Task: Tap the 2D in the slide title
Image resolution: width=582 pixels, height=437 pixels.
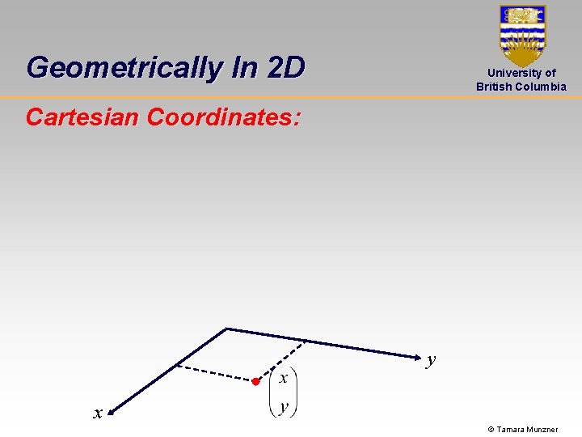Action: [x=285, y=68]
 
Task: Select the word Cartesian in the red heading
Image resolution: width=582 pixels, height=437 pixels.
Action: [x=82, y=118]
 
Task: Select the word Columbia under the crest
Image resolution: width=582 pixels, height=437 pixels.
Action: [x=541, y=87]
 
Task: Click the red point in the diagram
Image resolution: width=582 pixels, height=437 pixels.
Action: [x=255, y=381]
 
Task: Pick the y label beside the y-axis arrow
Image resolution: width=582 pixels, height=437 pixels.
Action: [x=432, y=360]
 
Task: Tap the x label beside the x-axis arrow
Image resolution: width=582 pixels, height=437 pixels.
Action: [x=97, y=414]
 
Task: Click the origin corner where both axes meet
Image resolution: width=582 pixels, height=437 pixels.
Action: [x=227, y=329]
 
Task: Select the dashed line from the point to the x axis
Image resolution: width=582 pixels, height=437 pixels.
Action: [x=213, y=372]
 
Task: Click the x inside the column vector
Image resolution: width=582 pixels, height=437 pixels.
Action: [x=284, y=378]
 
